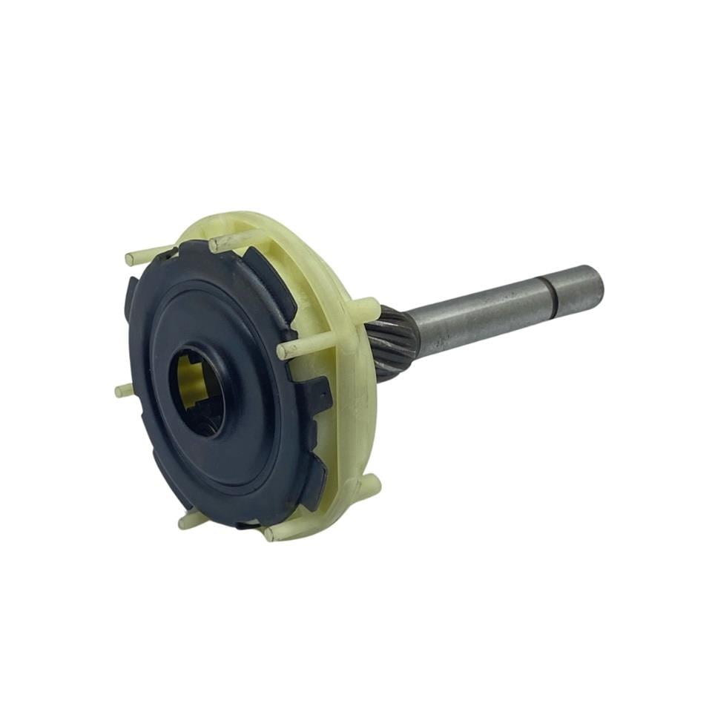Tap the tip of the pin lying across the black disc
[x=283, y=350]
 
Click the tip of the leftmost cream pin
[x=119, y=391]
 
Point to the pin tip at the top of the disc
[x=214, y=244]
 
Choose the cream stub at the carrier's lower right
[x=371, y=485]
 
